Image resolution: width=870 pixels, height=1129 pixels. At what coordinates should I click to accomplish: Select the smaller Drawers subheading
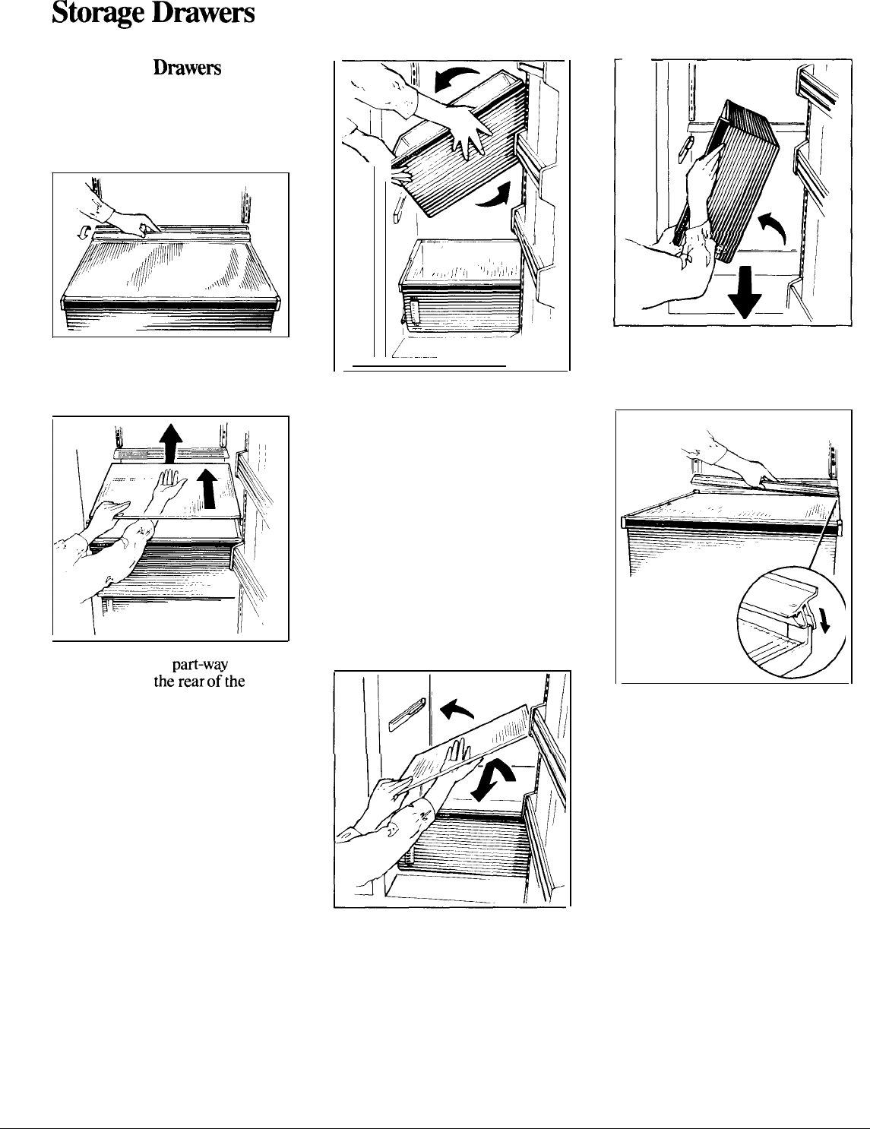coord(188,68)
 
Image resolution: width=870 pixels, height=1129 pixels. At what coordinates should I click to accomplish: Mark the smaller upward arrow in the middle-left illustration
coord(209,488)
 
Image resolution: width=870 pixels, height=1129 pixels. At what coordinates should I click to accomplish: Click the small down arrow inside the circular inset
coord(824,621)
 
